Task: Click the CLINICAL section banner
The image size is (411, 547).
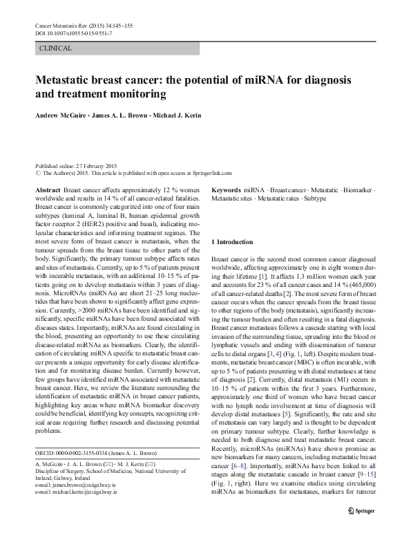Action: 57,48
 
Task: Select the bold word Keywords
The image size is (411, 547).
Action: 226,189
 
